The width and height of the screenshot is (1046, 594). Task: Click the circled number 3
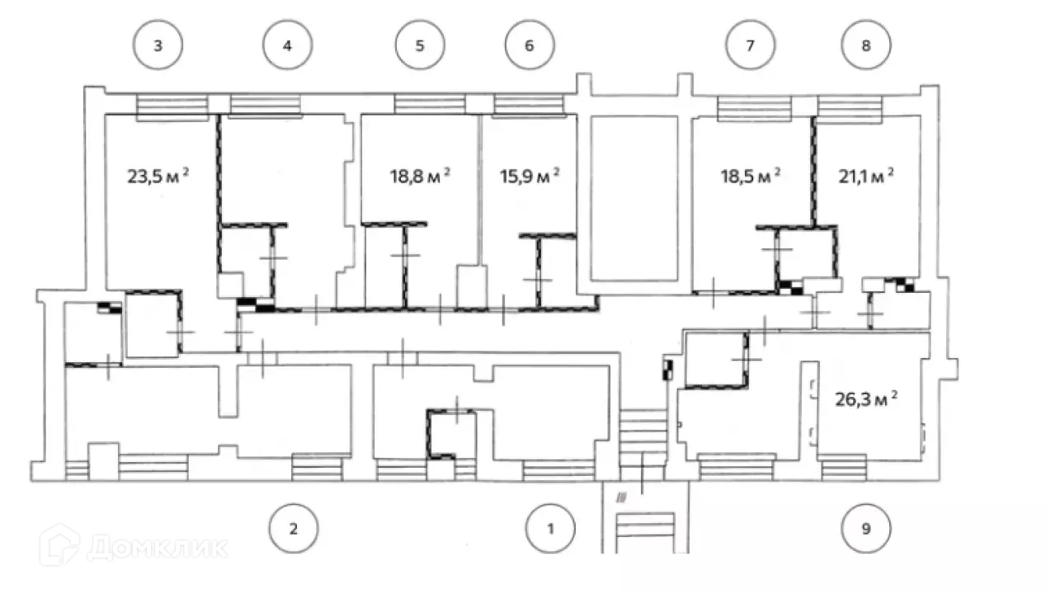click(158, 45)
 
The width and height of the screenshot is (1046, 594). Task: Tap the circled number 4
click(287, 45)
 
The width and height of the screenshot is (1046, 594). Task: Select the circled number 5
click(419, 45)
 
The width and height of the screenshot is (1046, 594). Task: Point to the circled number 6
click(529, 45)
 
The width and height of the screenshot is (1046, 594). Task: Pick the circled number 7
click(749, 45)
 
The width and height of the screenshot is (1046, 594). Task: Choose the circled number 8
click(865, 45)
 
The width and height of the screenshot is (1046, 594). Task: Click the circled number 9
click(865, 529)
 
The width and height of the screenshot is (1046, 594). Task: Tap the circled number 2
click(294, 529)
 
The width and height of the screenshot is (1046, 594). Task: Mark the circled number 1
click(551, 529)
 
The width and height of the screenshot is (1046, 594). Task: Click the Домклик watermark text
click(157, 548)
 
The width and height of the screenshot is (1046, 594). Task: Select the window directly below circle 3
click(171, 106)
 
